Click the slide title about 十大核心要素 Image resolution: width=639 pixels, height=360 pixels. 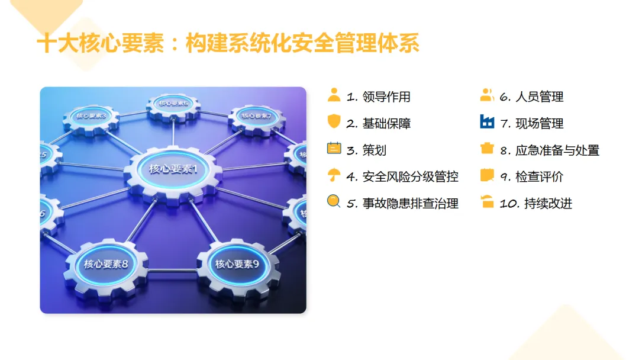coord(228,44)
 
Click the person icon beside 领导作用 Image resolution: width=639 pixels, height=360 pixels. coord(334,95)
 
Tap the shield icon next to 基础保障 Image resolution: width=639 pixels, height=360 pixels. coord(334,122)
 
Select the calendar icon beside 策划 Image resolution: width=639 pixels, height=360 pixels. coord(334,148)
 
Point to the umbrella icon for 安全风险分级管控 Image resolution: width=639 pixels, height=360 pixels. coord(334,175)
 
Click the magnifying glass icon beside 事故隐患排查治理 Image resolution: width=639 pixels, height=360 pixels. coord(334,202)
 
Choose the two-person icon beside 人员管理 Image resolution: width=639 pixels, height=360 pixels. coord(487,95)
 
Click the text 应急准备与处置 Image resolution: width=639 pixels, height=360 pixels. coord(557,150)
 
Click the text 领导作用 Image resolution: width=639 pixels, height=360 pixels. coord(386,97)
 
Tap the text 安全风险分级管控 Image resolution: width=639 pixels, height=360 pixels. coord(410,177)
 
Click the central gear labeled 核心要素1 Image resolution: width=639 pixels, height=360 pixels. coord(173,169)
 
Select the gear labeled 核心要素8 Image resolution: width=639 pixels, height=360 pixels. coord(106,264)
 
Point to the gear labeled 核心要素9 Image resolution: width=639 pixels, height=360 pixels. coord(237,264)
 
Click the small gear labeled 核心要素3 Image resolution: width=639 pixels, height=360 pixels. coord(91,116)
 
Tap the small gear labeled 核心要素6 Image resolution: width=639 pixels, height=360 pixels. coord(173,104)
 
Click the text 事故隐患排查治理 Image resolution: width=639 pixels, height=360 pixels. coord(410,204)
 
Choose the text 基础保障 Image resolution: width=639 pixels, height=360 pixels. coord(386,124)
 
